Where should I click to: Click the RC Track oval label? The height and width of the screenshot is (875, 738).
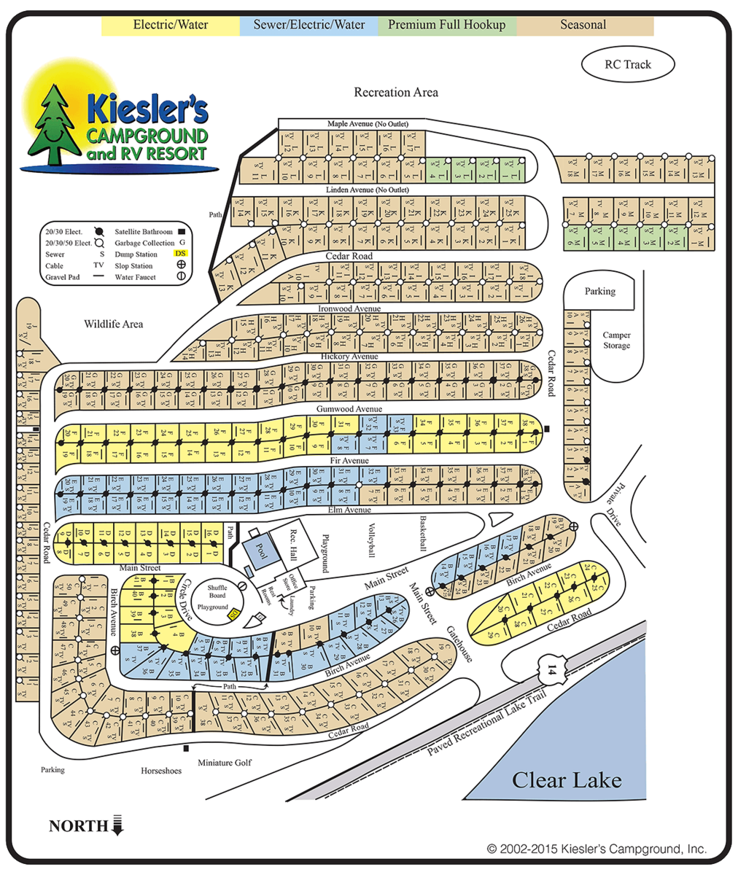[x=627, y=64]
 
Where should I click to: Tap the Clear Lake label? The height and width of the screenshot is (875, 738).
[x=567, y=780]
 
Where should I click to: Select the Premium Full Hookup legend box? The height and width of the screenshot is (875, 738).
[x=446, y=25]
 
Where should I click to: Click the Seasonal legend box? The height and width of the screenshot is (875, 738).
[x=583, y=25]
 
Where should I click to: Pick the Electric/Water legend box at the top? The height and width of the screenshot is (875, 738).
[x=171, y=25]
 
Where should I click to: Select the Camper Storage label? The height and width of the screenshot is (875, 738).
[x=616, y=341]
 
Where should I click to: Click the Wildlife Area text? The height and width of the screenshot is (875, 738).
[x=113, y=324]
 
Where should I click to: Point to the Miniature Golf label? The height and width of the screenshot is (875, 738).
[x=225, y=763]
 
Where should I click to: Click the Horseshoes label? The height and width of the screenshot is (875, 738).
[x=161, y=771]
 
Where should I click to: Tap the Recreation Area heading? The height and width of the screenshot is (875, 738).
[x=396, y=93]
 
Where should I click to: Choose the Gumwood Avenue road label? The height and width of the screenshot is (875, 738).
[x=349, y=410]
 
